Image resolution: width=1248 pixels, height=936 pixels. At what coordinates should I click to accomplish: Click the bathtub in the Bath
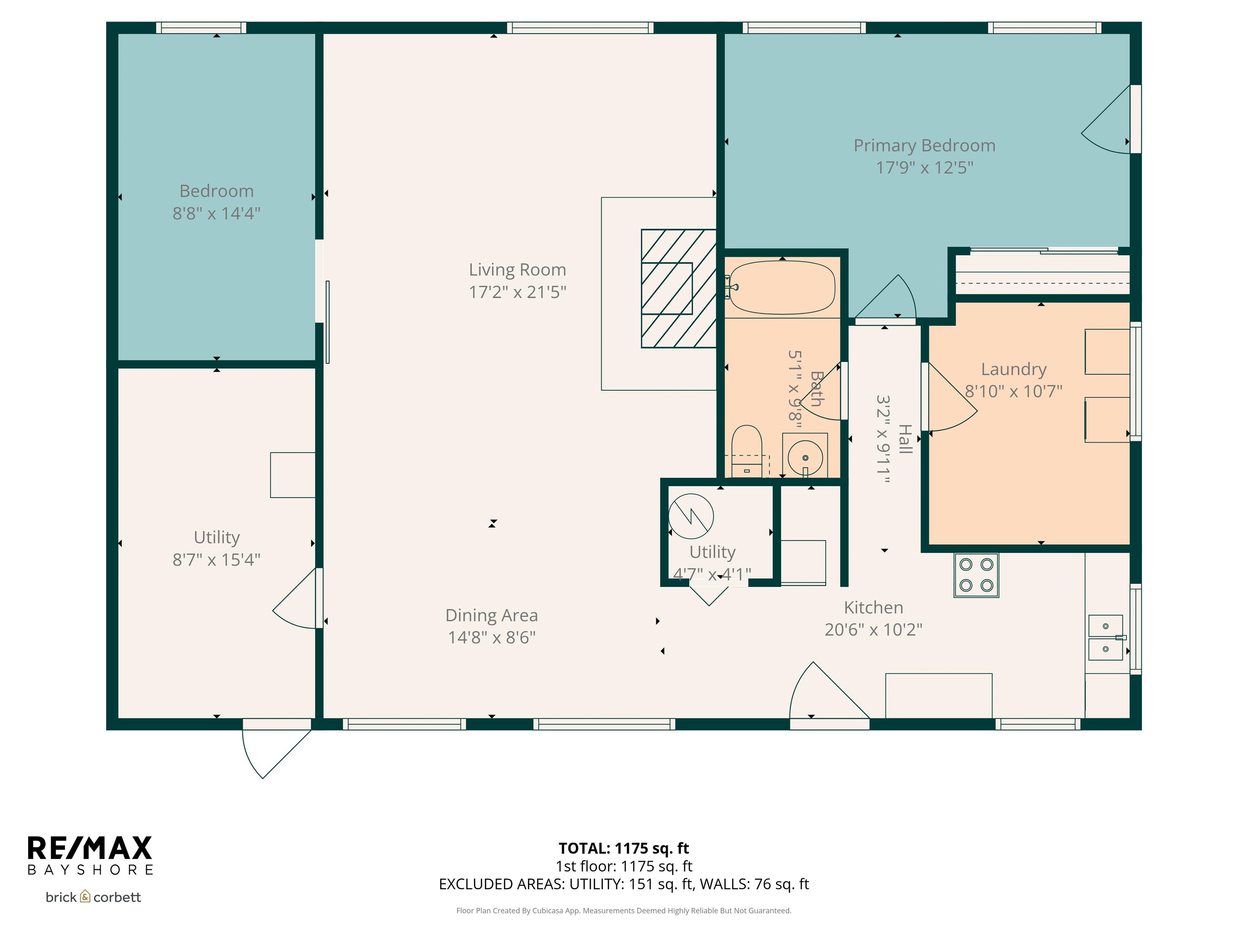coord(782,287)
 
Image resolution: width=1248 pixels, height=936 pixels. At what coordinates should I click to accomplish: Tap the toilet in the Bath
coord(746,451)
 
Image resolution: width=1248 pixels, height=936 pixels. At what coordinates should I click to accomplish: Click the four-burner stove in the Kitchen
coord(976,575)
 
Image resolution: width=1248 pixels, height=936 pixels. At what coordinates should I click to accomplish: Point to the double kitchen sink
coord(1105,637)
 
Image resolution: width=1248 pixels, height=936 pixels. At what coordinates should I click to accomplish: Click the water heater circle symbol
coord(691,516)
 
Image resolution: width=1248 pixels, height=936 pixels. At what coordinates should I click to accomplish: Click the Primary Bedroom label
coord(924,145)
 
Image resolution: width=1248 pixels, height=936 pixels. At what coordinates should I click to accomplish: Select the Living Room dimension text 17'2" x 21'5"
coord(518,292)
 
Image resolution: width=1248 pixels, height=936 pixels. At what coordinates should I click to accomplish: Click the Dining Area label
coord(492,615)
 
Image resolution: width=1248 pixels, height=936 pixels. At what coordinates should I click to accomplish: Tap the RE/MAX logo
coord(90,848)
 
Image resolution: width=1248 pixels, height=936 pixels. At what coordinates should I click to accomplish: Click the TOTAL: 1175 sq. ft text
coord(624,848)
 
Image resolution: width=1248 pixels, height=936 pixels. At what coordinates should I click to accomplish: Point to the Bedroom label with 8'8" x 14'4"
coord(216,202)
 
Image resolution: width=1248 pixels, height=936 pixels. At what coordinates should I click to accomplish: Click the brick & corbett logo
coord(93,897)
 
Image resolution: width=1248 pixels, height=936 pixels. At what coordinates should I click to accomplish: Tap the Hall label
coord(905,439)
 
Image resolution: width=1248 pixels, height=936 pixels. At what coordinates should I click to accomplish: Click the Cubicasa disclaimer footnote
coord(624,911)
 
